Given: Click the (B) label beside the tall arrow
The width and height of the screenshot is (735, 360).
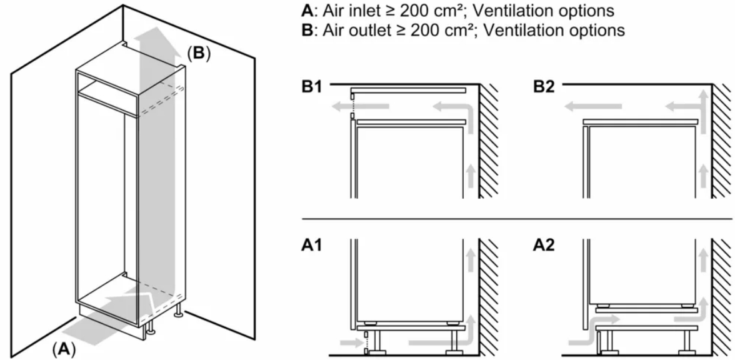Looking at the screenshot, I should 198,54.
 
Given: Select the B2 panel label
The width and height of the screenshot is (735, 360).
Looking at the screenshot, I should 545,86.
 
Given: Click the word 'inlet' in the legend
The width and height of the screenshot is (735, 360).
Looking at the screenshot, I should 349,11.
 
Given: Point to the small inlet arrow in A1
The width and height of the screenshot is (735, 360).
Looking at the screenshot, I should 346,342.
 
